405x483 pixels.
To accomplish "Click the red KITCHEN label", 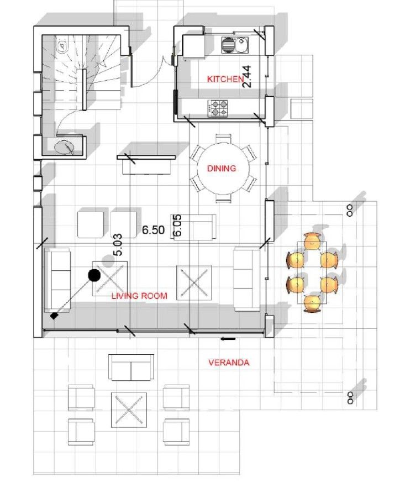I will click(225, 79).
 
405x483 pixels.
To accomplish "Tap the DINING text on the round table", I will click(222, 169).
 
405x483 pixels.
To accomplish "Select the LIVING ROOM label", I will click(139, 296).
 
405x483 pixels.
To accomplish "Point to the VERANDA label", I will click(228, 363).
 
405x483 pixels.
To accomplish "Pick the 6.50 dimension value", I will click(153, 230).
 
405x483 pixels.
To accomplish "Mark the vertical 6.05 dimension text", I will click(178, 225).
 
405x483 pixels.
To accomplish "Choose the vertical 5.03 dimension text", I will click(117, 244).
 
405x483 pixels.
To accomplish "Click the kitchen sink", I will click(235, 45).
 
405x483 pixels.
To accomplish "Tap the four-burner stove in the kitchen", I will click(218, 108).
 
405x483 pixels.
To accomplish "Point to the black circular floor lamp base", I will click(94, 275).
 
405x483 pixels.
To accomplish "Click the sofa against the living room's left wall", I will click(57, 280).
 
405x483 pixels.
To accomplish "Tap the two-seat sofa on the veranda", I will click(131, 368).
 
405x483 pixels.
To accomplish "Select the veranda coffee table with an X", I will click(130, 410).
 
